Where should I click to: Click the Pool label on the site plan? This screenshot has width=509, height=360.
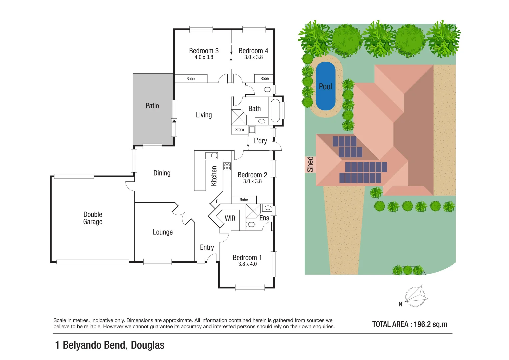coord(325,87)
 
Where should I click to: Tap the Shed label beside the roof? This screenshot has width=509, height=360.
coord(310,164)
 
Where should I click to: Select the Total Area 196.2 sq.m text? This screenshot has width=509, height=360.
coord(409,324)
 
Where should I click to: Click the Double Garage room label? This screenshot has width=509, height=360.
coord(93,218)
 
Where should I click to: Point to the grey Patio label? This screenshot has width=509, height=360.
coord(152,106)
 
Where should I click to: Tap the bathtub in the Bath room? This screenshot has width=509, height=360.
coord(275,110)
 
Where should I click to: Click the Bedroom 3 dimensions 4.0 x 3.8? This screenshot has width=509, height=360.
coord(204,57)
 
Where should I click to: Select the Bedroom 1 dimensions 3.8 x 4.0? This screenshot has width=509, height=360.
coord(247,264)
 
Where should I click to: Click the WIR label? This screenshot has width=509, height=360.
coord(230,218)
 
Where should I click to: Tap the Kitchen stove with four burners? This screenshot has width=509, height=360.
coord(227,166)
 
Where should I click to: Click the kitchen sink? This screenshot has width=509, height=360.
coord(212,155)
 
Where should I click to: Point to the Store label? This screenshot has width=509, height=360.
coord(239,130)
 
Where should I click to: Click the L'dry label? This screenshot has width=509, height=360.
coord(260,141)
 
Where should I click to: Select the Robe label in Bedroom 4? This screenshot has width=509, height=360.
coord(264,79)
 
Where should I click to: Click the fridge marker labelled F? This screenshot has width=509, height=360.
coord(217,201)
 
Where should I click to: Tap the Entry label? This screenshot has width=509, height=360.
coord(207,247)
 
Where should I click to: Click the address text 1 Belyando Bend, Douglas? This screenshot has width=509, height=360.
coord(110,345)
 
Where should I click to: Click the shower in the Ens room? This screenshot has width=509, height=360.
coord(253,211)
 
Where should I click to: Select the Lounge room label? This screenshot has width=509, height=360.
coord(163,232)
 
